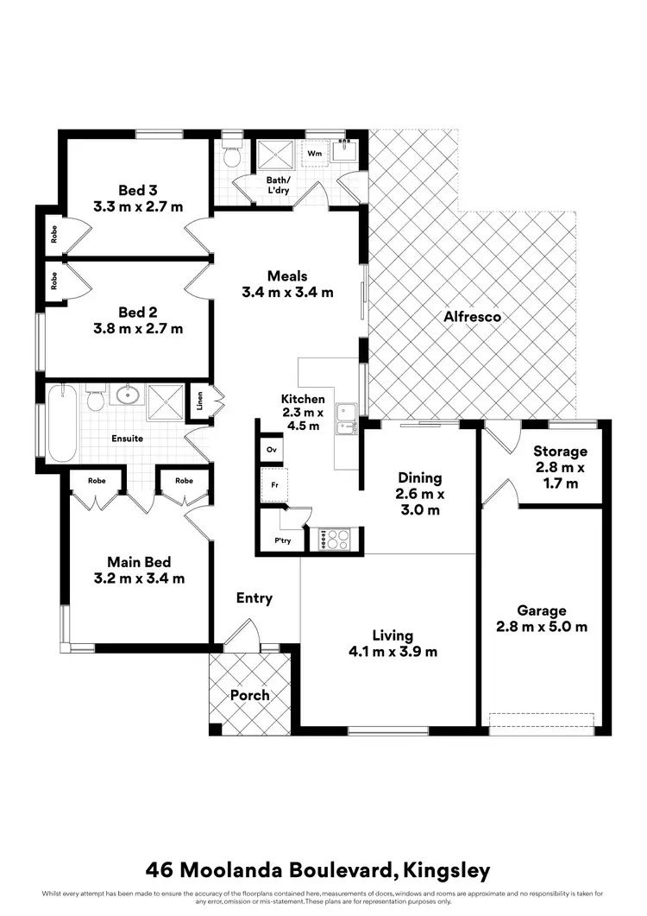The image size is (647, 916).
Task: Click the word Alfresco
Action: [473, 317]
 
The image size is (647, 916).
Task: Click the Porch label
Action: [249, 695]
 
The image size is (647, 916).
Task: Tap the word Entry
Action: [254, 597]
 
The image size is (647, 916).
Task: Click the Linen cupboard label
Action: [199, 402]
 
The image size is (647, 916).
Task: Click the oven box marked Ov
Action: [271, 450]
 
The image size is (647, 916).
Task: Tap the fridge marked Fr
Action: [274, 485]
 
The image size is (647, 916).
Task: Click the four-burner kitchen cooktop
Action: [335, 540]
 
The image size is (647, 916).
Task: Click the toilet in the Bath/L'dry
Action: [230, 156]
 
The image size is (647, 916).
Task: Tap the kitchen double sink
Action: [347, 417]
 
